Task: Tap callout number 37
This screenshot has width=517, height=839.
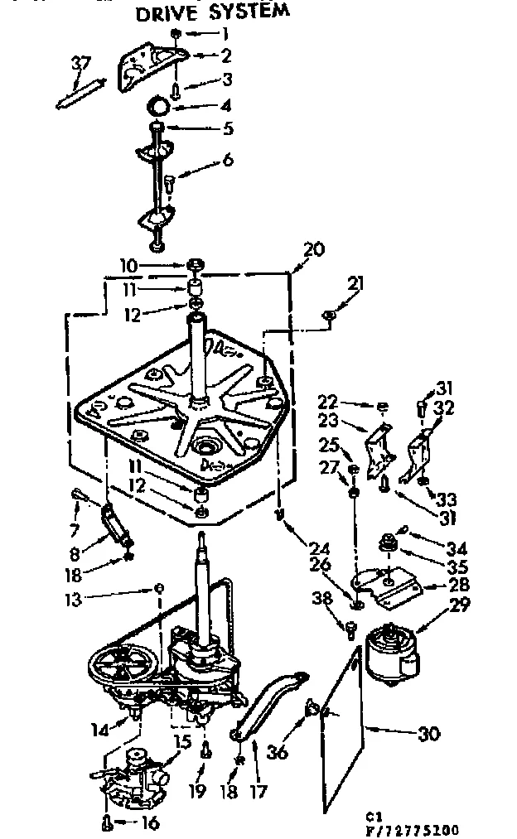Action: click(81, 63)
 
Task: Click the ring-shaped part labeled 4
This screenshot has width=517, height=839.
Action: click(159, 107)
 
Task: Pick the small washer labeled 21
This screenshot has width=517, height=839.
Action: click(330, 314)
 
